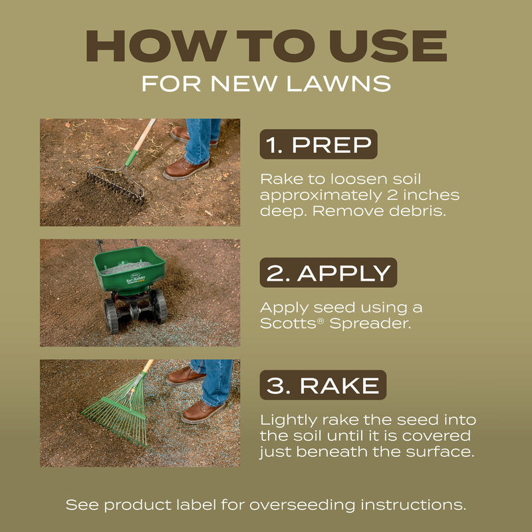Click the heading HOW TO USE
pos(266,47)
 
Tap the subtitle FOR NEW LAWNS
pos(266,84)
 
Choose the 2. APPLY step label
pos(328,273)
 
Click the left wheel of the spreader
pos(110,315)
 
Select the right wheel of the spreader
pos(158,307)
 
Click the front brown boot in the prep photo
pos(186,169)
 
